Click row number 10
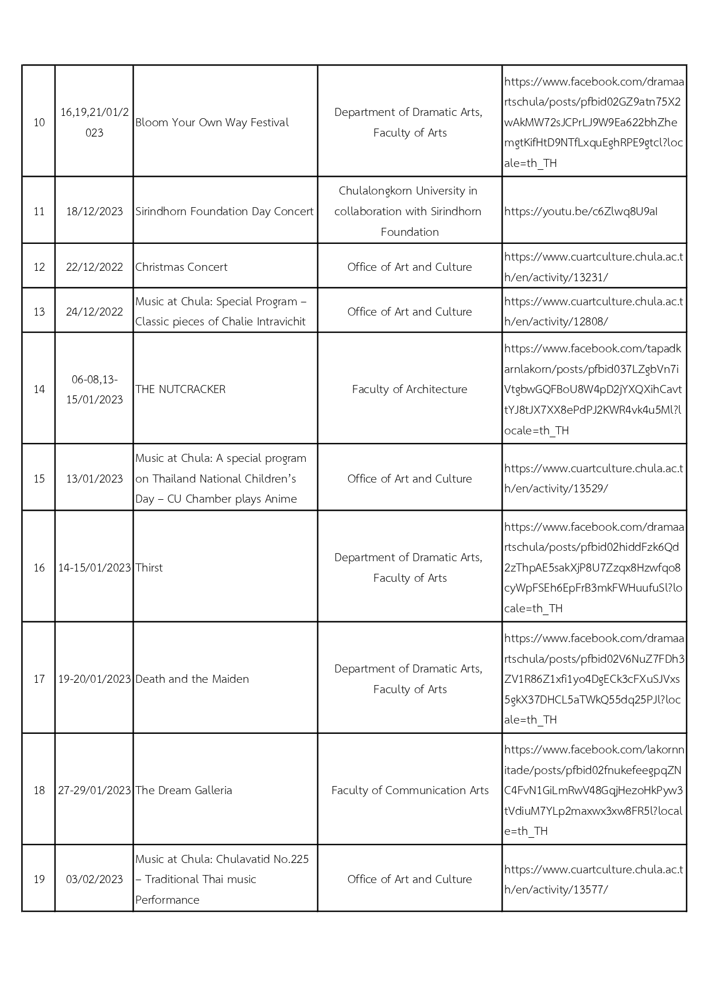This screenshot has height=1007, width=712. click(x=39, y=122)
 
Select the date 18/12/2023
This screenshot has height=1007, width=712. click(x=94, y=211)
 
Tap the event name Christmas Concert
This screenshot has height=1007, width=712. click(x=181, y=267)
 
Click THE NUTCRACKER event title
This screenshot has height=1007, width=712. click(x=180, y=389)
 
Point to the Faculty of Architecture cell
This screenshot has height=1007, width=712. click(x=410, y=389)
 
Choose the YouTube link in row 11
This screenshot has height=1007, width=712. click(x=581, y=211)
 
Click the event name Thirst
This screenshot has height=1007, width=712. click(x=149, y=567)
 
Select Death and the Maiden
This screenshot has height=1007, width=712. click(x=192, y=679)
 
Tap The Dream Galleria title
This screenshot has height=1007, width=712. click(x=184, y=790)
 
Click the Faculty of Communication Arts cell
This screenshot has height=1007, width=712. click(x=410, y=790)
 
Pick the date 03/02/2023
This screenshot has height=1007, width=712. click(x=94, y=879)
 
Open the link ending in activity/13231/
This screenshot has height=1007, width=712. click(x=593, y=267)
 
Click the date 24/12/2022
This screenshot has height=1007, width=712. click(x=94, y=312)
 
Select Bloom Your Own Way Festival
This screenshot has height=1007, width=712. click(x=212, y=122)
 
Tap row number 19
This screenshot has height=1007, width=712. click(x=39, y=879)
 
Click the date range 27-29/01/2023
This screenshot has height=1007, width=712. click(x=94, y=790)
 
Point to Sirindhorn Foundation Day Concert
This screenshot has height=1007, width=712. click(x=224, y=211)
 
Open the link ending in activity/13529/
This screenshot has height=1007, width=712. click(x=593, y=479)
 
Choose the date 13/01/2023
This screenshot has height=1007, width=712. click(x=94, y=479)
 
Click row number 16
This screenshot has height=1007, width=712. click(x=39, y=567)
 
